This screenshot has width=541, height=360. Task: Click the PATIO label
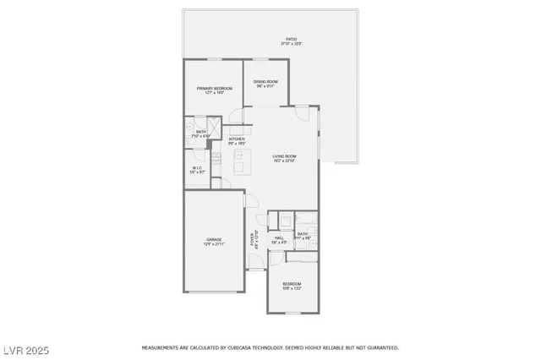(x=291, y=39)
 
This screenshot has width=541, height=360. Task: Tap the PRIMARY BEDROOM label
(x=215, y=88)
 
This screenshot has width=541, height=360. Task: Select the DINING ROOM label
(x=265, y=81)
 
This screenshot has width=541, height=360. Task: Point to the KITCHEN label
(x=225, y=139)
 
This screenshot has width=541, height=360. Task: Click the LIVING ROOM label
(x=284, y=156)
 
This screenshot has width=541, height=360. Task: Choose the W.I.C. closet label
(x=196, y=167)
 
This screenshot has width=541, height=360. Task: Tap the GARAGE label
(x=214, y=239)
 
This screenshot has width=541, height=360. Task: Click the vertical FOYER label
(x=252, y=239)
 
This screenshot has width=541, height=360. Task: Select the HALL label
(x=279, y=238)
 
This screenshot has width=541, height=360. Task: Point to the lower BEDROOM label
(x=292, y=284)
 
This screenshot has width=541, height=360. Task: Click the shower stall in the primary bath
(x=216, y=128)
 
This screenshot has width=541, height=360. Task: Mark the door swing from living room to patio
(x=303, y=112)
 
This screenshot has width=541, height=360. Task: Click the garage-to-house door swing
(x=250, y=201)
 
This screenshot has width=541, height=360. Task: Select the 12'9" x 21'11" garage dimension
(x=214, y=244)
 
